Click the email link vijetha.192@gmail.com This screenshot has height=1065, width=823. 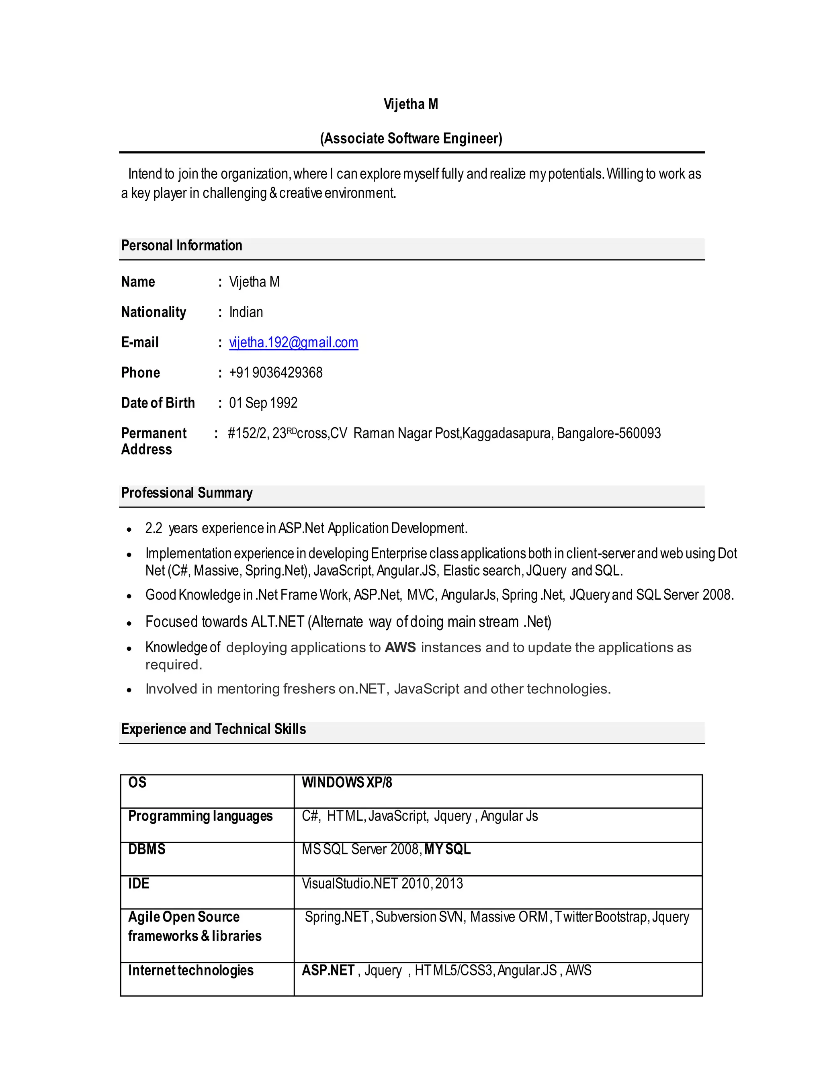(293, 342)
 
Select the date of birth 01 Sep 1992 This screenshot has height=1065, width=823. (263, 403)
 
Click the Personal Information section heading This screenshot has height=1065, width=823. (181, 245)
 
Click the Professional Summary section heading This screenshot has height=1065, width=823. (187, 493)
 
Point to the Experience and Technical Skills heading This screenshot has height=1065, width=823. (213, 729)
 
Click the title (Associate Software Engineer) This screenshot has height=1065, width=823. (411, 139)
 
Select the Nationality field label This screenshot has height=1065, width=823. (154, 312)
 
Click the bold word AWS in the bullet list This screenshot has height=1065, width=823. (400, 647)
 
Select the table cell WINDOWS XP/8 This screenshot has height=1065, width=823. (347, 782)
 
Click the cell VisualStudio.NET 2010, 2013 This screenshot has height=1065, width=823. (382, 883)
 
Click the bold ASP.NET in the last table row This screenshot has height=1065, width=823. (328, 970)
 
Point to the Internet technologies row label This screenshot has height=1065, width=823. (190, 970)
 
